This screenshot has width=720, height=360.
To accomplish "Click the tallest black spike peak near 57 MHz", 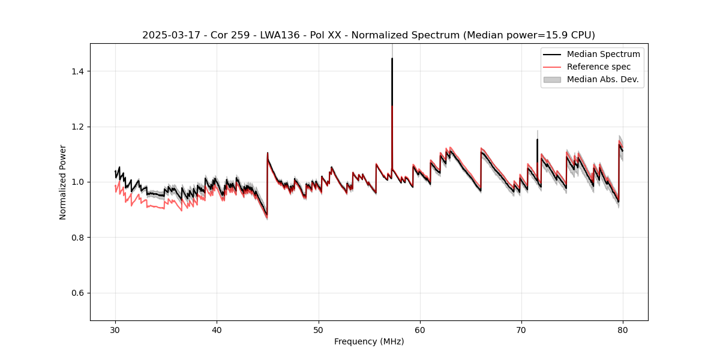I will click(392, 59).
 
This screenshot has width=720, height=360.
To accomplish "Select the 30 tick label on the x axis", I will click(115, 330).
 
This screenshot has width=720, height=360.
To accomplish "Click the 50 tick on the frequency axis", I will click(319, 330).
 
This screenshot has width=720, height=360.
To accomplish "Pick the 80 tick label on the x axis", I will click(623, 330).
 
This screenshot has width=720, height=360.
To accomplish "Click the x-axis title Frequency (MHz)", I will click(369, 341).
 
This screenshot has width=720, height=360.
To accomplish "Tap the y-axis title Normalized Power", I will click(63, 182).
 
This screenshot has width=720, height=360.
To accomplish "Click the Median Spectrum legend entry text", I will click(603, 54).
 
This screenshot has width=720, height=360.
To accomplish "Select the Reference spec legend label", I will click(599, 67).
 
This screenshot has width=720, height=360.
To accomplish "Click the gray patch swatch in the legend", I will click(552, 79).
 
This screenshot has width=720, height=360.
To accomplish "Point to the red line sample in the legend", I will click(552, 67).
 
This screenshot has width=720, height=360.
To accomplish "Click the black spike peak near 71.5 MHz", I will click(537, 140).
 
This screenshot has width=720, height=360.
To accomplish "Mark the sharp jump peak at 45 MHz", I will click(268, 153).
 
